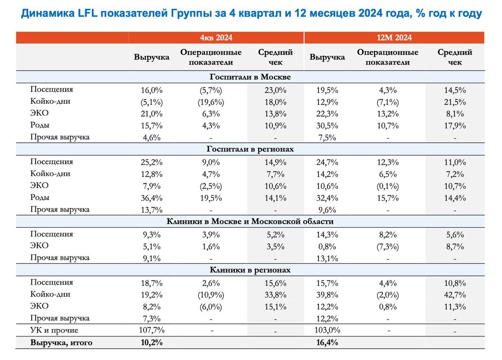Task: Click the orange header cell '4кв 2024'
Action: (x=216, y=38)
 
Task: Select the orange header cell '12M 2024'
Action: (x=394, y=38)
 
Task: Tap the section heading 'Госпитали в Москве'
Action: (x=250, y=77)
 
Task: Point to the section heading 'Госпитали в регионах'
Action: (x=250, y=149)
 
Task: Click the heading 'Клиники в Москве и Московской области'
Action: (x=250, y=221)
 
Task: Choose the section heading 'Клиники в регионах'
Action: (x=250, y=270)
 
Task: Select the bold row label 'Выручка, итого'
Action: (x=61, y=343)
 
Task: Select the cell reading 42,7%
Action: (x=455, y=294)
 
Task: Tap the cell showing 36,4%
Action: (x=151, y=198)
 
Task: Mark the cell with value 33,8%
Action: (x=276, y=294)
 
